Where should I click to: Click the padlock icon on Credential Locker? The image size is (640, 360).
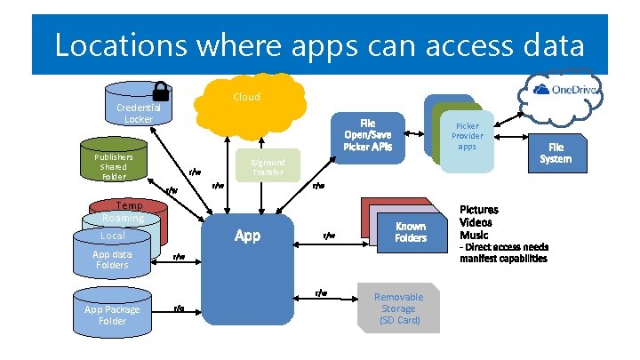[161, 91]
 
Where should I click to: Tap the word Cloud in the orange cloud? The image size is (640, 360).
[246, 96]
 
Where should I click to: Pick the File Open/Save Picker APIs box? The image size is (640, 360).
[368, 134]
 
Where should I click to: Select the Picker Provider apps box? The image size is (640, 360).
[467, 136]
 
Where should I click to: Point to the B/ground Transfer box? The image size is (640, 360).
[268, 166]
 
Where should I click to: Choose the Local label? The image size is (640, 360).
[113, 236]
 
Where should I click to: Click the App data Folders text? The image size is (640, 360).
[112, 259]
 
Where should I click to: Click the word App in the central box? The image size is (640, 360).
[247, 236]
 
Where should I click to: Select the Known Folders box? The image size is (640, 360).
[411, 232]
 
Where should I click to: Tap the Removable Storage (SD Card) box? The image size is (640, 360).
[398, 308]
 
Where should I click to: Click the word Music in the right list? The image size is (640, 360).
[473, 233]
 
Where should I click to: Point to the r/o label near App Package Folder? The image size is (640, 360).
[178, 308]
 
